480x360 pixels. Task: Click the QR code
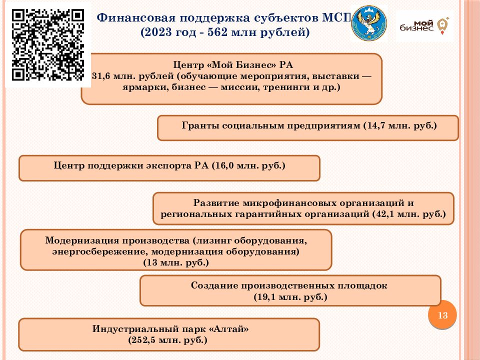[48, 44]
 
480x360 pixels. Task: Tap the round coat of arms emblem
[369, 23]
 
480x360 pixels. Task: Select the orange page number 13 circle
[442, 315]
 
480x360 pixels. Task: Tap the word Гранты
[200, 125]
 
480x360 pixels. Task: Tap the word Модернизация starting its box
[82, 240]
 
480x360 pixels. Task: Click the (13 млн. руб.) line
[176, 262]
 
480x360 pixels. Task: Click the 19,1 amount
[266, 297]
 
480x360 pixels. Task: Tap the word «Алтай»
[228, 329]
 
